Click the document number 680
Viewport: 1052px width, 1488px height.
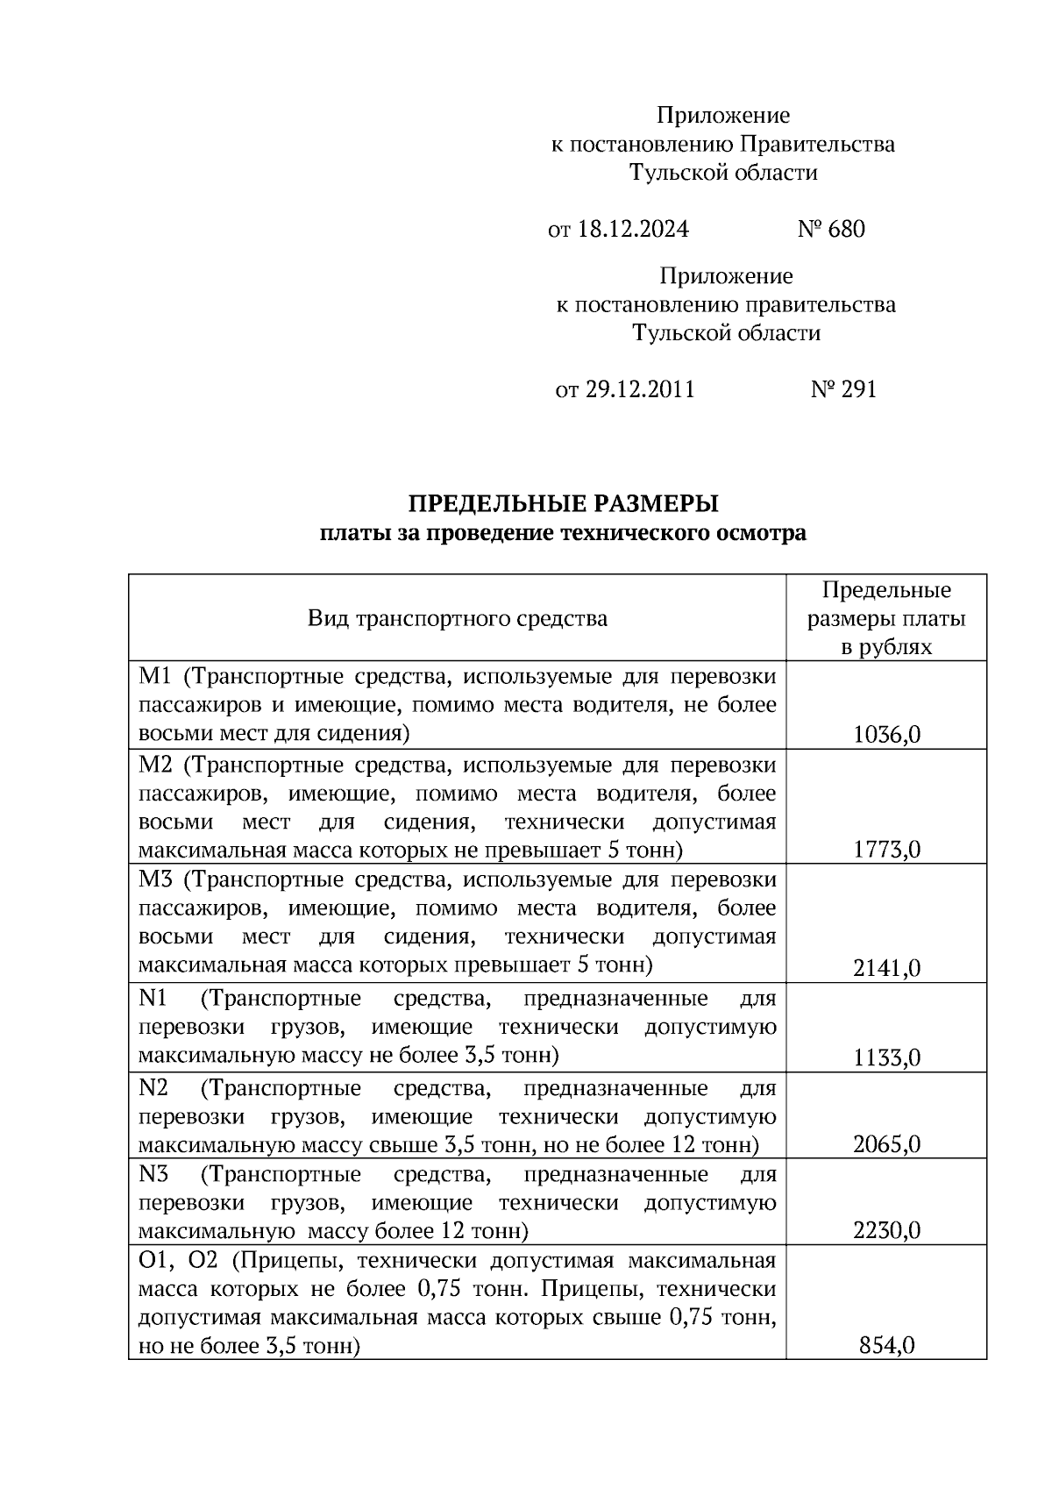point(846,230)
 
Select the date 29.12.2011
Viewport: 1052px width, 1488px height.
point(639,390)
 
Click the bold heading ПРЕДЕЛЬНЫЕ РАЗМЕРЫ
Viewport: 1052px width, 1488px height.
point(563,504)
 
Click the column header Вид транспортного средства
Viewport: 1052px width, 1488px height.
point(457,619)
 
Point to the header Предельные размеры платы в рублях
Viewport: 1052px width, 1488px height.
point(886,618)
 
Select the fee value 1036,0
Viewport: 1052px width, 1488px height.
point(886,735)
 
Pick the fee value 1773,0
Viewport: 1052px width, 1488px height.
point(886,850)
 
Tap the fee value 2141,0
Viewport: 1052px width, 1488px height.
point(886,968)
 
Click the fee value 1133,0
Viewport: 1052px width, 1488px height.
point(886,1058)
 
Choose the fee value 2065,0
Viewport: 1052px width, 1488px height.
point(886,1144)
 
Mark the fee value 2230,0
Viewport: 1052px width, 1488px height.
point(886,1231)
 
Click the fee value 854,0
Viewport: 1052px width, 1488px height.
point(886,1345)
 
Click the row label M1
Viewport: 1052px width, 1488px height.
point(154,677)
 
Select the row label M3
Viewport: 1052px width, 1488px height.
point(155,879)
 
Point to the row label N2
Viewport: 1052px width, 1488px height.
point(153,1088)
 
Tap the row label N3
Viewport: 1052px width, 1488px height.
point(153,1174)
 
